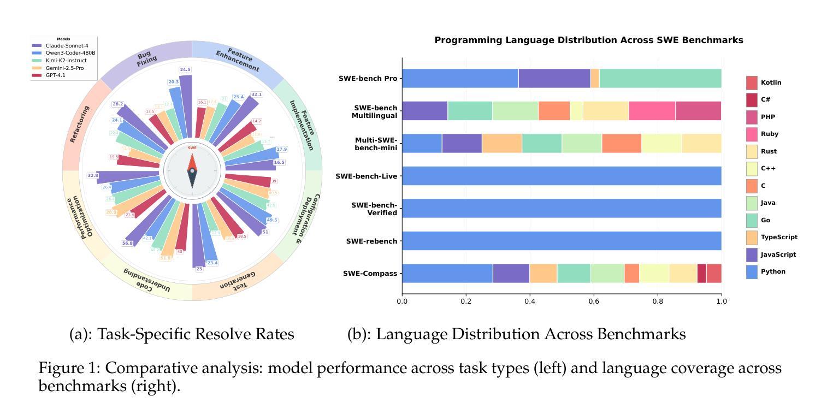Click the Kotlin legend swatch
click(x=752, y=83)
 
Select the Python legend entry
click(x=772, y=271)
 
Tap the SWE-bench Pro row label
click(x=368, y=78)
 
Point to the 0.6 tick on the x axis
click(x=594, y=301)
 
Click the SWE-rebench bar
click(x=562, y=241)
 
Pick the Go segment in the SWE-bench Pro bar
click(x=660, y=78)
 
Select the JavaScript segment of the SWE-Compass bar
click(x=511, y=273)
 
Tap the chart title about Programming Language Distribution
click(x=588, y=40)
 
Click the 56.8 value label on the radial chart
click(x=127, y=243)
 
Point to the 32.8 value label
click(x=93, y=175)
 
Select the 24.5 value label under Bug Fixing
click(x=185, y=70)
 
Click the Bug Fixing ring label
click(x=145, y=59)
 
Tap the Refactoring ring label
click(x=79, y=125)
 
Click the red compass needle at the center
click(x=192, y=162)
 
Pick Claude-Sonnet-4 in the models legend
click(x=67, y=46)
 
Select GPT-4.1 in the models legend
click(x=55, y=75)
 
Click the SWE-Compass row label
click(x=370, y=273)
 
